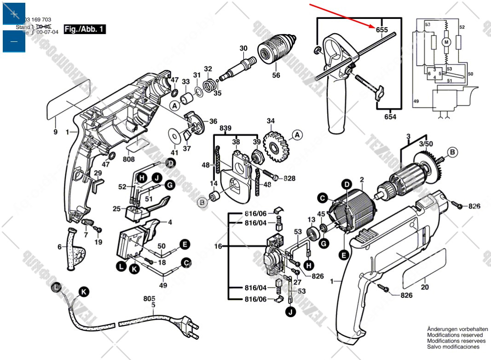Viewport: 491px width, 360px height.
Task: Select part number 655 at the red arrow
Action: [382, 30]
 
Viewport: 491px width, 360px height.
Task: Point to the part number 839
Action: [225, 127]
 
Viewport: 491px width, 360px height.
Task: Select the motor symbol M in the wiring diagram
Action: [445, 42]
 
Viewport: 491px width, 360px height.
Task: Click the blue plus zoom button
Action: [14, 13]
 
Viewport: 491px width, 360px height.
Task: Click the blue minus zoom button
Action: [14, 41]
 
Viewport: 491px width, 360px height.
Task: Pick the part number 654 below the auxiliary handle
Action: [390, 117]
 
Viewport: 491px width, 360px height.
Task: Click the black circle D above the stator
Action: [346, 185]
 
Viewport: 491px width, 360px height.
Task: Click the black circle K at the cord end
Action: [83, 291]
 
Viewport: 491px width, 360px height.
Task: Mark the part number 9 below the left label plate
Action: [55, 132]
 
